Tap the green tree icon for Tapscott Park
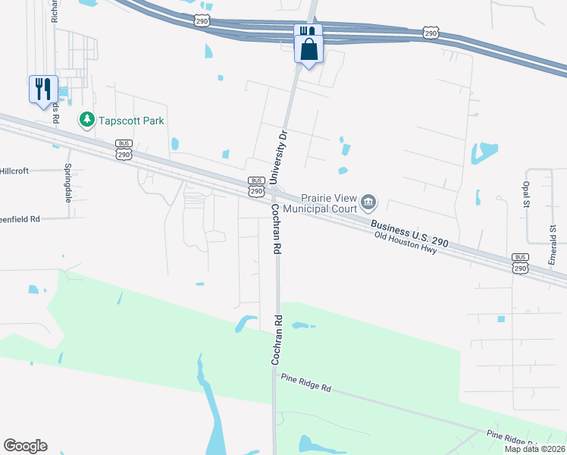(87, 120)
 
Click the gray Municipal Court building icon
(369, 201)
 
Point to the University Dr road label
(280, 156)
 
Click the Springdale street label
(67, 183)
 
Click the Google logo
(25, 446)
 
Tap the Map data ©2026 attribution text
(534, 449)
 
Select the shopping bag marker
(309, 51)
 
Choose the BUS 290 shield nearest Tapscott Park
(124, 149)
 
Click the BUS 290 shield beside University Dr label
(255, 186)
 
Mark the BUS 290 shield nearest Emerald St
(520, 263)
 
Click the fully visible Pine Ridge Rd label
(306, 382)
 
